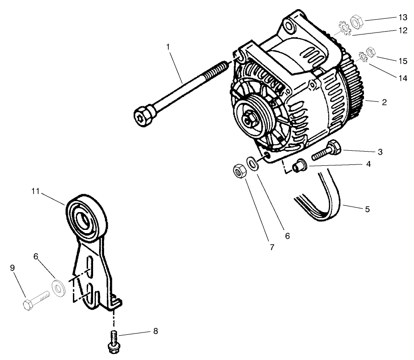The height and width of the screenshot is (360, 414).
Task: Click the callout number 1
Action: tap(169, 47)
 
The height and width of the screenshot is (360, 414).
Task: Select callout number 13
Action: tap(403, 17)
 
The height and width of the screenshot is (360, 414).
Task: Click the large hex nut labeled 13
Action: tap(357, 21)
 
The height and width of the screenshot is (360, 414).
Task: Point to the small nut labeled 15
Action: tap(372, 53)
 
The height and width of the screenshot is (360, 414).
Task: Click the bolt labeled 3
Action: tap(326, 151)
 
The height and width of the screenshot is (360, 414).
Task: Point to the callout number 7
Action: tap(272, 247)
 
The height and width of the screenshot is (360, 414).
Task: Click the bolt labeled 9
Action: tap(35, 303)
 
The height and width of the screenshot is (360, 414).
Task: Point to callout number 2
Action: tap(384, 102)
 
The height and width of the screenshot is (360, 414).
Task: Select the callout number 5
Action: tap(367, 209)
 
